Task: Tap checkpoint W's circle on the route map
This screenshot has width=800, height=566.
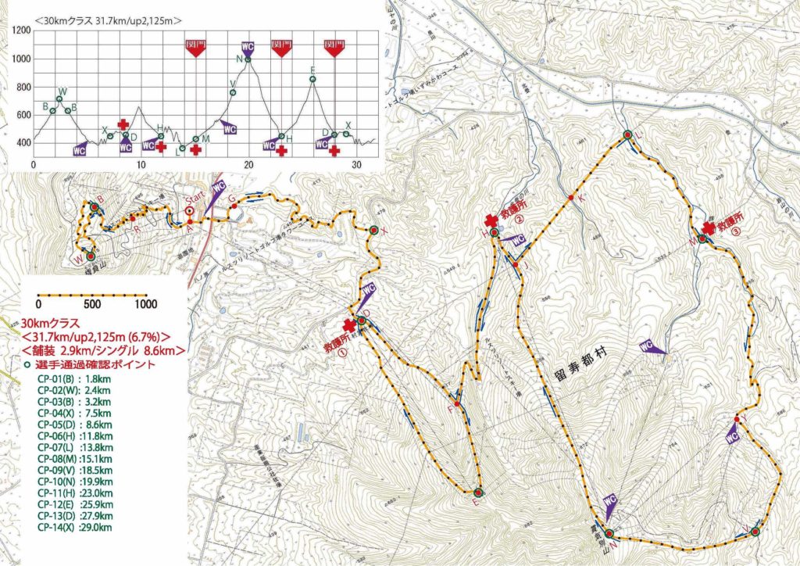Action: [91, 256]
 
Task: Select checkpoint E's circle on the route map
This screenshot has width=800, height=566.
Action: [477, 493]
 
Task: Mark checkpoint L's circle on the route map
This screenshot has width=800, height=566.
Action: [627, 135]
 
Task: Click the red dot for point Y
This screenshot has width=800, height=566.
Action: [737, 419]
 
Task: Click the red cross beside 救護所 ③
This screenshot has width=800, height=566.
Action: [709, 227]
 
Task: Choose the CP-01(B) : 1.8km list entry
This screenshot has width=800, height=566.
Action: [73, 379]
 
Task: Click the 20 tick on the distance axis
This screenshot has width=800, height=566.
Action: [249, 165]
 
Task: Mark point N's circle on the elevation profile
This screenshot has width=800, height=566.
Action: [248, 59]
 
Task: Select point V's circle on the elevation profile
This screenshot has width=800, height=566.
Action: [233, 93]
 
